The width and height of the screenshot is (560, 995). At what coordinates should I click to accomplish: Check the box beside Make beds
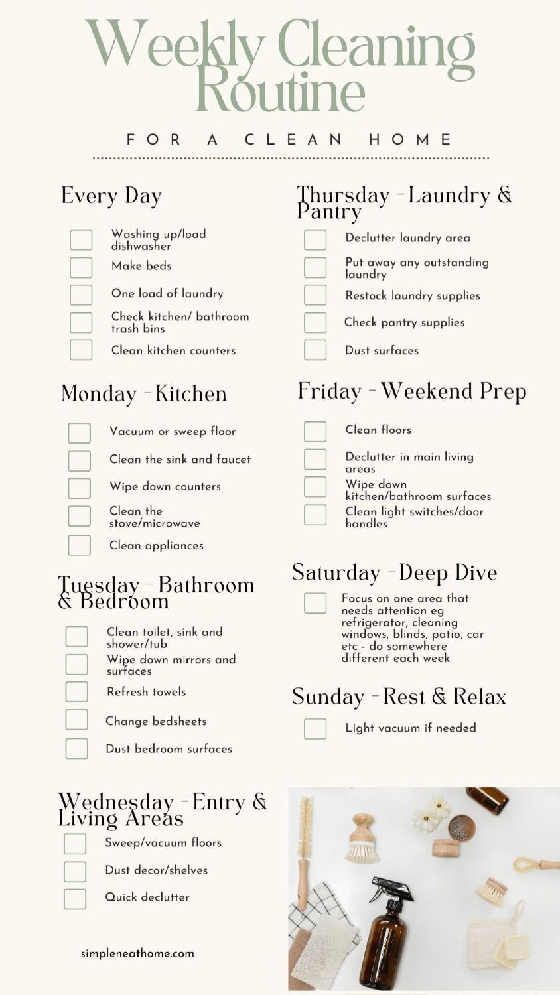pos(81,267)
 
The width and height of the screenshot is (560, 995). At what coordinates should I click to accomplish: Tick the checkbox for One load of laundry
pos(81,295)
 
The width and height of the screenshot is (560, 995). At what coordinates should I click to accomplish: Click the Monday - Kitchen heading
pos(144,394)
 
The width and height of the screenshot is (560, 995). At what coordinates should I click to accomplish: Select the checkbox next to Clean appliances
pos(79,545)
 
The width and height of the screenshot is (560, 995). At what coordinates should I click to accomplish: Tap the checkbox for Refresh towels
pos(77,691)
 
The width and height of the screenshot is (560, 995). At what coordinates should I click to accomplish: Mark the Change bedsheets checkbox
pos(77,720)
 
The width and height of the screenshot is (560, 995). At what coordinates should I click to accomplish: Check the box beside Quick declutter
pos(75,899)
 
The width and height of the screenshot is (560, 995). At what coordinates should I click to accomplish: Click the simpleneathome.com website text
pos(137,953)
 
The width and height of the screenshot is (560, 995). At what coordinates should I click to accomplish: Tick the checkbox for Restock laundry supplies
pos(315,295)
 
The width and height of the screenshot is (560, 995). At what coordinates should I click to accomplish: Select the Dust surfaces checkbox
pos(315,350)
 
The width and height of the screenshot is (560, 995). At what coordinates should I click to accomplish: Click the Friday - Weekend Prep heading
pos(411,391)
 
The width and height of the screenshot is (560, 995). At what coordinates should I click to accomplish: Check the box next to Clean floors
pos(315,431)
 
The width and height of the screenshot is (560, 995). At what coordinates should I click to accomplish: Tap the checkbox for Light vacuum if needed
pos(315,728)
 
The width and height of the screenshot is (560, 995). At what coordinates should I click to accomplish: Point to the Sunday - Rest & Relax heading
pos(399,697)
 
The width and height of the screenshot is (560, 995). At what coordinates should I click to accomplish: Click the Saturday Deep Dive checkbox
pos(315,603)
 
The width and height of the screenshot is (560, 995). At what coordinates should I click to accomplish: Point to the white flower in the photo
pos(428,815)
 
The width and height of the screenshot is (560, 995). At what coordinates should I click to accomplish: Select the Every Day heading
pos(111,196)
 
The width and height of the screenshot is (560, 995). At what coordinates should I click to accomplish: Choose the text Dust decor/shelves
pos(156,870)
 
